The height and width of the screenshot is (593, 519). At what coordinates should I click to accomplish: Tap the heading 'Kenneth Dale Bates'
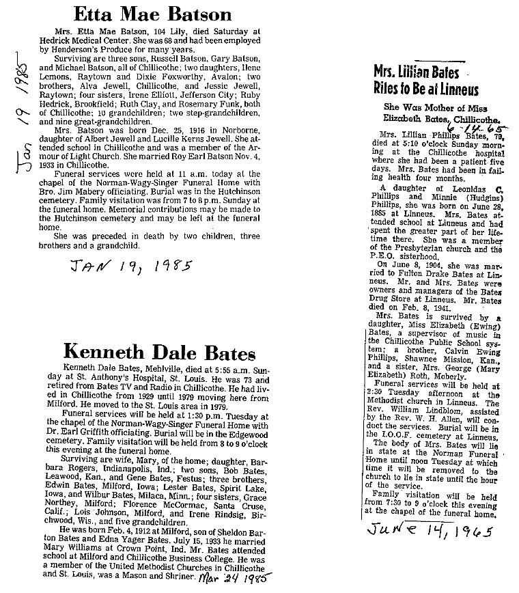tap(160, 353)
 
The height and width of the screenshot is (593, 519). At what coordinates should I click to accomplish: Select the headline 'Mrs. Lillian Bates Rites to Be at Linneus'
tap(425, 81)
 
